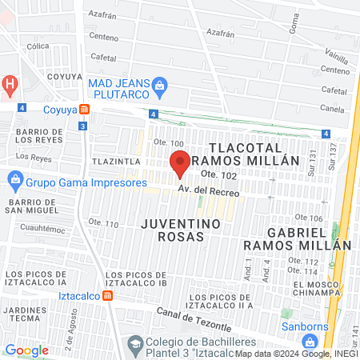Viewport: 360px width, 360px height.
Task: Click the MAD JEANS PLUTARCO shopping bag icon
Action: [x=159, y=84]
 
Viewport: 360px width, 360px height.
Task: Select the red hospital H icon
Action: [x=9, y=83]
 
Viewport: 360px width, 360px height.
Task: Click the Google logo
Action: [x=26, y=350]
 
